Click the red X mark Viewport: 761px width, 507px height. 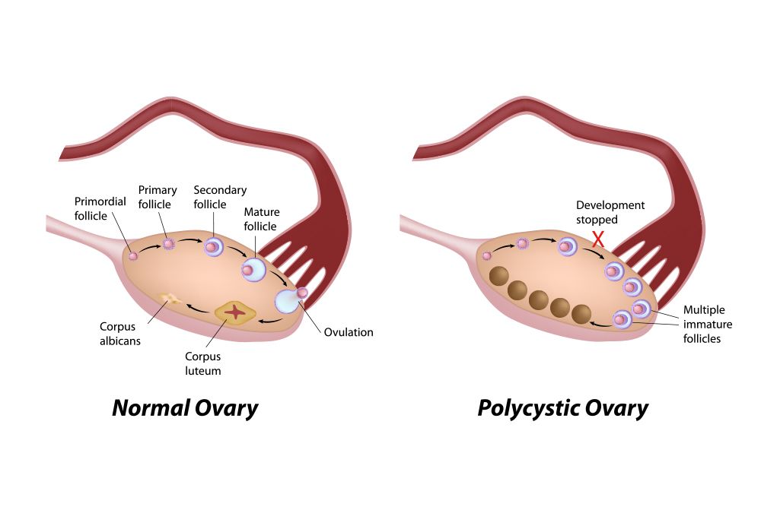pos(598,239)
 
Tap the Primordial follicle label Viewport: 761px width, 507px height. pos(100,208)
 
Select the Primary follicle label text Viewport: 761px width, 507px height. pos(158,197)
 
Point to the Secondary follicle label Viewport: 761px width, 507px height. pos(220,197)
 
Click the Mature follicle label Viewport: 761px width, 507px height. pos(262,219)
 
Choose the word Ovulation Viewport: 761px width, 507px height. pos(349,332)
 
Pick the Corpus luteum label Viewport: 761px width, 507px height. pos(203,363)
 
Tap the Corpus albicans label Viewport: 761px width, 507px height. pos(120,334)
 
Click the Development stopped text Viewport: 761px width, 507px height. pos(610,212)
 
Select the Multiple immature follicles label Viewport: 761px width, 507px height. pos(708,324)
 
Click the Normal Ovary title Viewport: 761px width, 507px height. pos(185,408)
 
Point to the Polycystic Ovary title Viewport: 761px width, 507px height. pos(563,408)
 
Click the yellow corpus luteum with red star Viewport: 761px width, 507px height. pos(235,312)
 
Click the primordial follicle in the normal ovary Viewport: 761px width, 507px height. pos(133,255)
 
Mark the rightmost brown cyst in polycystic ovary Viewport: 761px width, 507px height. pos(581,314)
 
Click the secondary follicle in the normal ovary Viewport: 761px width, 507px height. pos(212,247)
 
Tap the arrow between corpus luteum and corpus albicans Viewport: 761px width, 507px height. pos(198,309)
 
